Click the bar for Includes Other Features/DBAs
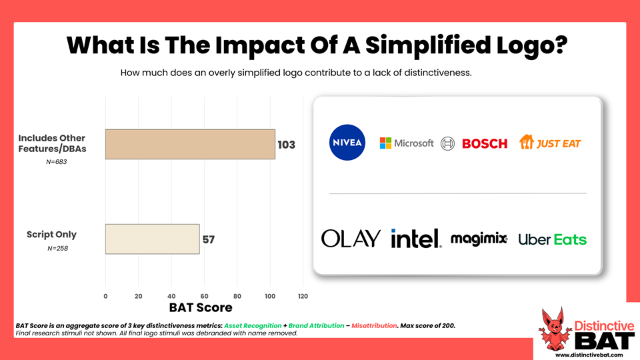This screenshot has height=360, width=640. [190, 144]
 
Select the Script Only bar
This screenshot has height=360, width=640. [152, 239]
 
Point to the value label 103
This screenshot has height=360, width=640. [286, 145]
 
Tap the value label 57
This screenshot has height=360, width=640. [209, 239]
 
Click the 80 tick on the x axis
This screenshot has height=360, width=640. [237, 296]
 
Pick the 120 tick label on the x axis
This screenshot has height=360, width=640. [303, 296]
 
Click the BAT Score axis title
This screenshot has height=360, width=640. [201, 307]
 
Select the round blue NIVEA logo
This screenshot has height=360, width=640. [347, 143]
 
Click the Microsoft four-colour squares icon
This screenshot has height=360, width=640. [385, 143]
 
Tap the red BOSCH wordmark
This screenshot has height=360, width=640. [485, 143]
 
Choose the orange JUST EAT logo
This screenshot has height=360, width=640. [550, 142]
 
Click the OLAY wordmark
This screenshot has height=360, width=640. [351, 239]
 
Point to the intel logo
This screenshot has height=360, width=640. [416, 238]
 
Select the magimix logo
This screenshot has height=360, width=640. [479, 239]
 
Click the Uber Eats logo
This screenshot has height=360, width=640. [553, 239]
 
